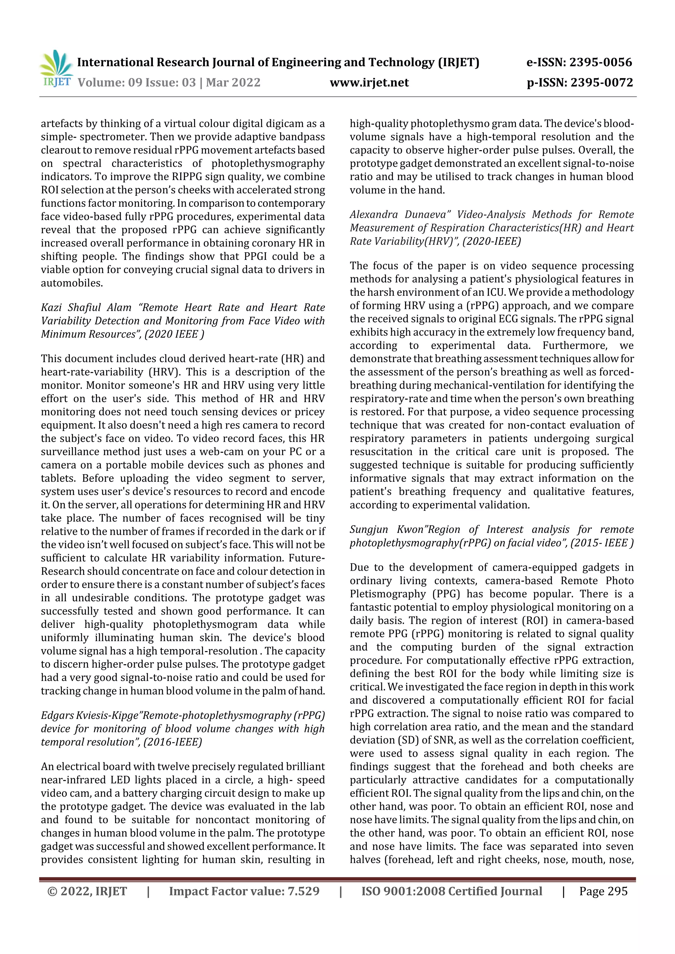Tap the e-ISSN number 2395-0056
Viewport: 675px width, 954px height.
(x=600, y=62)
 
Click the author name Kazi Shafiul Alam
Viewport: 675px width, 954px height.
(x=86, y=308)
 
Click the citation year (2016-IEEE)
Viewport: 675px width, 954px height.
(x=173, y=742)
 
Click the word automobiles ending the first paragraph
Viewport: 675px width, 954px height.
(x=71, y=283)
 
